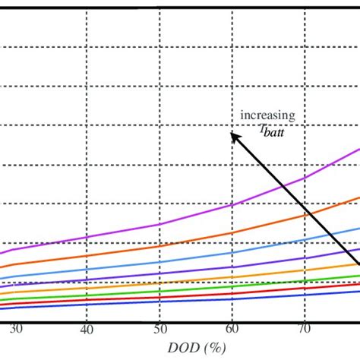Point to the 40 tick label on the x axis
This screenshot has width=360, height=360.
87,329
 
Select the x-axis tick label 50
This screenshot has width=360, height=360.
159,329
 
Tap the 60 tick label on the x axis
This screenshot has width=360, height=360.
232,329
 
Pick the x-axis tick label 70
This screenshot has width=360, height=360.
304,329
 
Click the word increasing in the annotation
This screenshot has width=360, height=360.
267,115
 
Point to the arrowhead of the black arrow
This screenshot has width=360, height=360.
234,135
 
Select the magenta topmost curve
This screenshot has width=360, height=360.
159,224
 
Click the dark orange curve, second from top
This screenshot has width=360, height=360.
159,246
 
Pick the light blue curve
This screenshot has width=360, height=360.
159,263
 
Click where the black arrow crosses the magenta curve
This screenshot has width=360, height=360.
283,188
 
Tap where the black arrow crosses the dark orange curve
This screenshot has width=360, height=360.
306,213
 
